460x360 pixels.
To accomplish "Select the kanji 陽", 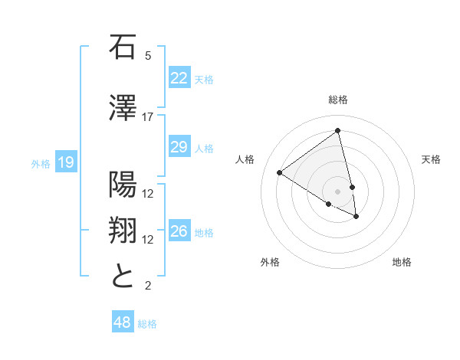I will click(123, 184).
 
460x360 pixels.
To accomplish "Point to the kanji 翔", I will click(123, 230).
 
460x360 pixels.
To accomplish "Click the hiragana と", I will click(123, 276).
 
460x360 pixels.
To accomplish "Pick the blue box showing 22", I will click(179, 78).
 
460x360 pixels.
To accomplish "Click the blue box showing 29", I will click(179, 147).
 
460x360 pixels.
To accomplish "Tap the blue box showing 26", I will click(179, 231).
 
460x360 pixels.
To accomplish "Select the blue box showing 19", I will click(65, 162).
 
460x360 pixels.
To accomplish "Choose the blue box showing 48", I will click(122, 322).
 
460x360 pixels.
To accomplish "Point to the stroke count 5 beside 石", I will click(147, 56).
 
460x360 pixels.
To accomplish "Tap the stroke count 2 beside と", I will click(147, 286).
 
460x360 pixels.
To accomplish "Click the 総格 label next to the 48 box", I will click(147, 324).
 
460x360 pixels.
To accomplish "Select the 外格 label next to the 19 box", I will click(40, 163).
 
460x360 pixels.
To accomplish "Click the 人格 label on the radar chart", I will click(245, 159).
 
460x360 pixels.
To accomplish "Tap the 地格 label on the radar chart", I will click(402, 262).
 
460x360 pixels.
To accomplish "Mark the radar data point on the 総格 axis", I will click(337, 131).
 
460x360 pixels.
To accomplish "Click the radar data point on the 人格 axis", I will click(280, 173).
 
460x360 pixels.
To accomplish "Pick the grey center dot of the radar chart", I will click(337, 191).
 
